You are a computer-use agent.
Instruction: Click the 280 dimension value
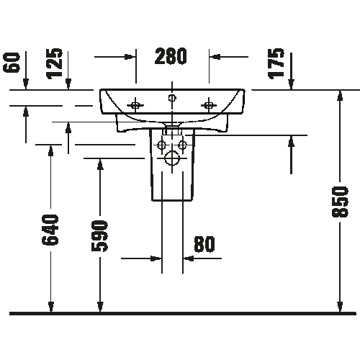[x=171, y=56]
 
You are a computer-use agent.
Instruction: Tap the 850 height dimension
[x=340, y=202]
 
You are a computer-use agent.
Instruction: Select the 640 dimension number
[x=50, y=230]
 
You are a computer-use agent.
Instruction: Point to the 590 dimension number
[x=100, y=236]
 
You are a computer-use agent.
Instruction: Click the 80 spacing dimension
[x=204, y=244]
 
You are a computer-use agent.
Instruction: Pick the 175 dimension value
[x=276, y=63]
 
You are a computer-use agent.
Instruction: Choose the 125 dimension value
[x=55, y=63]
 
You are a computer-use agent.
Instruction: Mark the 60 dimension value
[x=12, y=63]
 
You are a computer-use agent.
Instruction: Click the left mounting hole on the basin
[x=135, y=105]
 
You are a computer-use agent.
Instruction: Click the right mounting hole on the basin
[x=209, y=105]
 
